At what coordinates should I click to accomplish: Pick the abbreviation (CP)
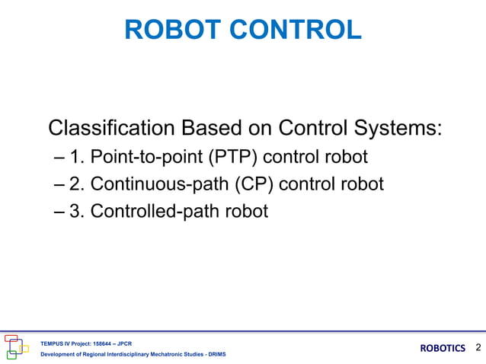click(x=241, y=184)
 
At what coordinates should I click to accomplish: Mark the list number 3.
click(x=75, y=211)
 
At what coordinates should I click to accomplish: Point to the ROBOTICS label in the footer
click(x=443, y=348)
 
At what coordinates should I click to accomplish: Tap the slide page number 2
click(x=478, y=348)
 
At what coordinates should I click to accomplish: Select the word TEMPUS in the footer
click(x=53, y=343)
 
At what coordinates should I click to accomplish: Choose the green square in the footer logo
click(x=11, y=354)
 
